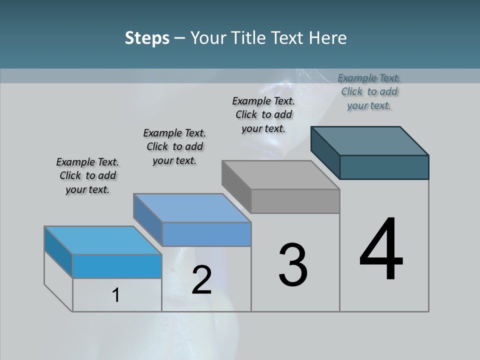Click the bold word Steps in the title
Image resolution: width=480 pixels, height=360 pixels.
147,38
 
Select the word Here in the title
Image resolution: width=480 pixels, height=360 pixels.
327,38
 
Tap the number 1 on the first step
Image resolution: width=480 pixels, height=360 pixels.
116,295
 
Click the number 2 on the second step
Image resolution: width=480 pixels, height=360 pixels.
201,280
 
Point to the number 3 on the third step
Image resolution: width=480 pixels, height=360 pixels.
293,265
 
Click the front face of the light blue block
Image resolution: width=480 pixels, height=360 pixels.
117,266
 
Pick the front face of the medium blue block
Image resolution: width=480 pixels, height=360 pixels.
206,234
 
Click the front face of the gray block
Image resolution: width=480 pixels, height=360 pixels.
295,201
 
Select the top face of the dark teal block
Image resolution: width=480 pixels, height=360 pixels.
369,141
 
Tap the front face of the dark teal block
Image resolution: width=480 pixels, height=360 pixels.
384,167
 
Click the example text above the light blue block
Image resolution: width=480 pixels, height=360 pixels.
87,176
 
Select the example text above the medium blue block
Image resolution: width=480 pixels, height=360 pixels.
174,147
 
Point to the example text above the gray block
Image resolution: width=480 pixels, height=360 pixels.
263,114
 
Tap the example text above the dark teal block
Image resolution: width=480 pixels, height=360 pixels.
369,91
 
